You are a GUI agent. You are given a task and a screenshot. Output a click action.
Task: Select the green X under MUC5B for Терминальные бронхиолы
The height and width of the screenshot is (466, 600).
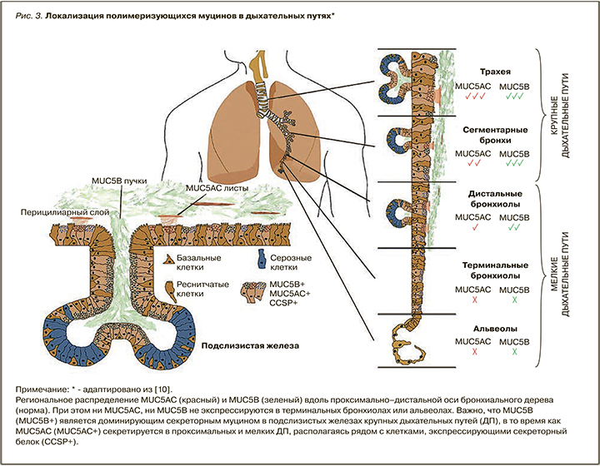tap(513, 299)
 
